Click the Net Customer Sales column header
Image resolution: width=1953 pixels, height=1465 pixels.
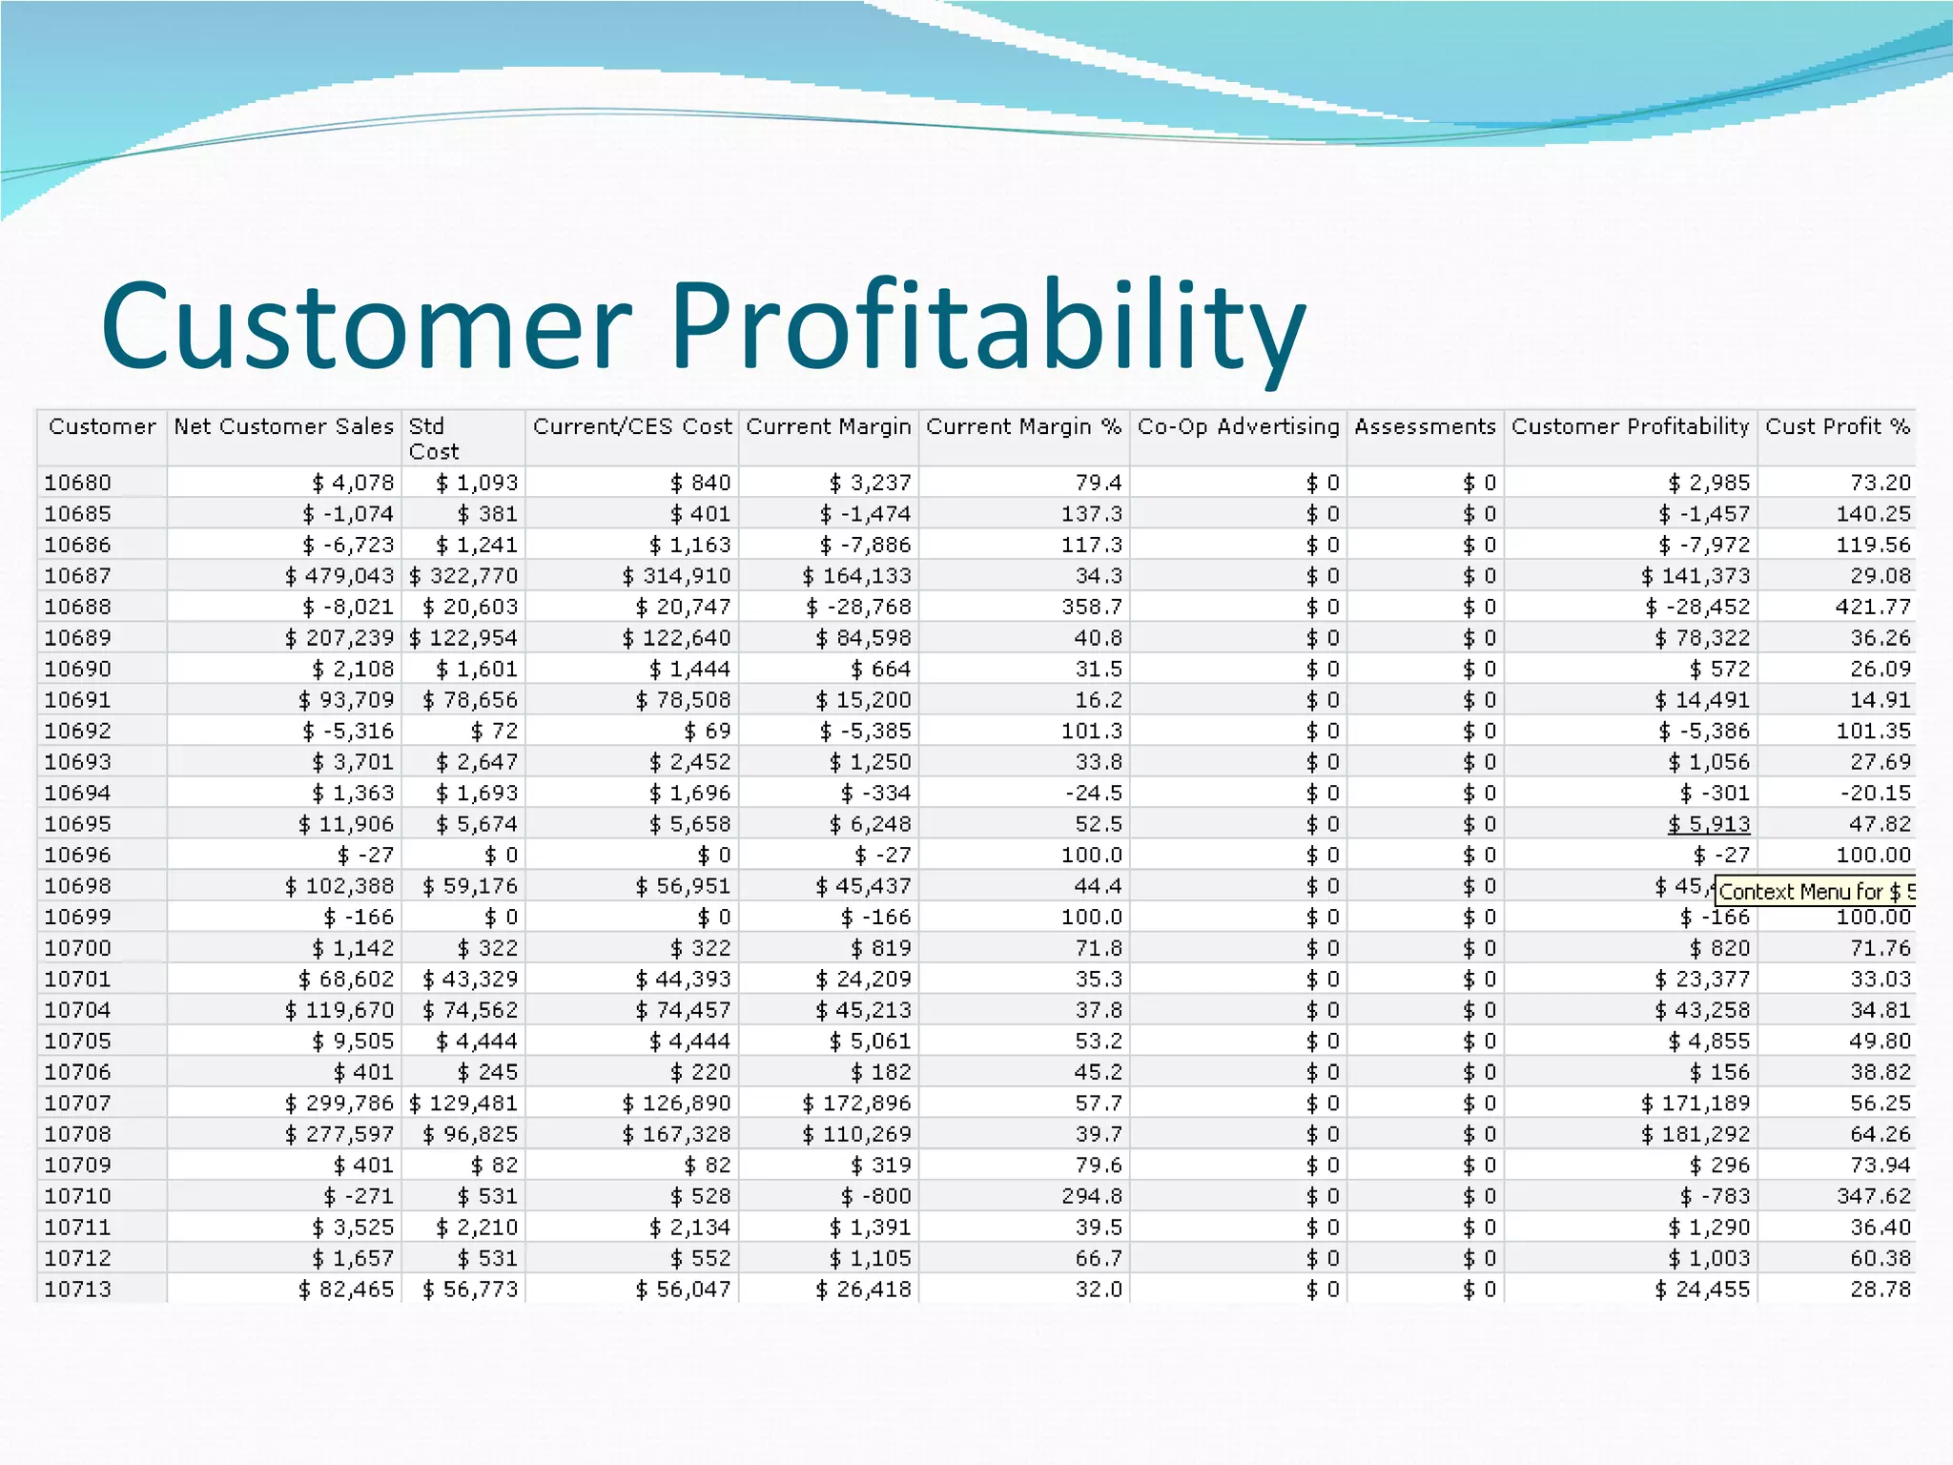pyautogui.click(x=283, y=426)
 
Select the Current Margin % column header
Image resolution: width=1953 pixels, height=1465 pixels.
pyautogui.click(x=1023, y=426)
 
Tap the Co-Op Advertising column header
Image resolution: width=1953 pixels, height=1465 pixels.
pyautogui.click(x=1238, y=426)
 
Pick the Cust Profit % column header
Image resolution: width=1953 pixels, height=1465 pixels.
pyautogui.click(x=1837, y=426)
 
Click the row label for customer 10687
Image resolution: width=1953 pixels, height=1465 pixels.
pyautogui.click(x=77, y=576)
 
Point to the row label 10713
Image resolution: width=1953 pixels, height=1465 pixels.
pyautogui.click(x=77, y=1290)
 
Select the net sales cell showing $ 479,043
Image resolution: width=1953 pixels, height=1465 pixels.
pyautogui.click(x=339, y=576)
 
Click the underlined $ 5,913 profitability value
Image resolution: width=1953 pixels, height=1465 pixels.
pyautogui.click(x=1708, y=824)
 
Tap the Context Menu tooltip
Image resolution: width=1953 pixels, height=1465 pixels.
pyautogui.click(x=1815, y=892)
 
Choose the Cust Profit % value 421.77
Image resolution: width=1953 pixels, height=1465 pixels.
pyautogui.click(x=1873, y=607)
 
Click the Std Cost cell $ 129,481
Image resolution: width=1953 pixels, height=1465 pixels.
pyautogui.click(x=463, y=1104)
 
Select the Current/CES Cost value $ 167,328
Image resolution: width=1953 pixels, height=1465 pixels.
pyautogui.click(x=676, y=1134)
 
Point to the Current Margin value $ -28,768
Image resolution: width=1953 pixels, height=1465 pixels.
pyautogui.click(x=858, y=607)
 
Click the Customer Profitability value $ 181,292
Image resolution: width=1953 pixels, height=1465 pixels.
pyautogui.click(x=1695, y=1134)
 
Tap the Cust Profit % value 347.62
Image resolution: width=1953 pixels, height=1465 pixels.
pyautogui.click(x=1873, y=1196)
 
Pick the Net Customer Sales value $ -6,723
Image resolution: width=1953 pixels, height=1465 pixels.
pyautogui.click(x=347, y=545)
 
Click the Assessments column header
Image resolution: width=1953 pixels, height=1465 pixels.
pyautogui.click(x=1425, y=426)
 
